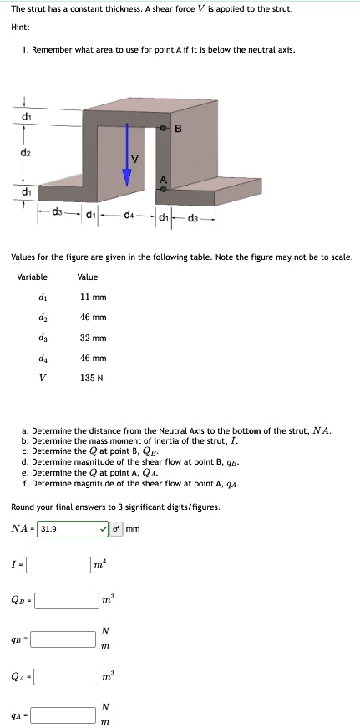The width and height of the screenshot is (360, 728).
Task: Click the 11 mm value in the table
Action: pyautogui.click(x=92, y=297)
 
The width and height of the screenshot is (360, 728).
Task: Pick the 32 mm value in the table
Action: pyautogui.click(x=93, y=338)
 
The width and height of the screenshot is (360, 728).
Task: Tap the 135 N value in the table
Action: pyautogui.click(x=92, y=378)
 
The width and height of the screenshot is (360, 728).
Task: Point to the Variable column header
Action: pyautogui.click(x=33, y=277)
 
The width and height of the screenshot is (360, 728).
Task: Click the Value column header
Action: pyautogui.click(x=87, y=277)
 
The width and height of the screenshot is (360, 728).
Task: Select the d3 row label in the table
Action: pyautogui.click(x=43, y=338)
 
